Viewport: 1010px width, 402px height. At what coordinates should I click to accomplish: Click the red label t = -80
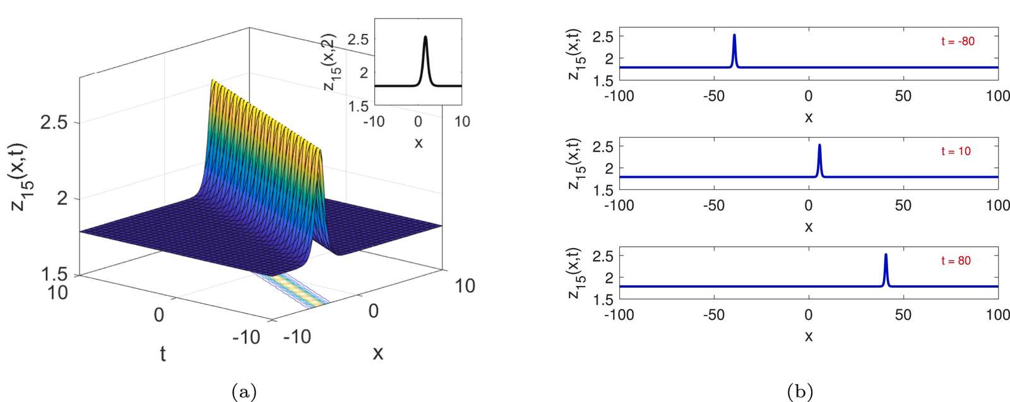958,42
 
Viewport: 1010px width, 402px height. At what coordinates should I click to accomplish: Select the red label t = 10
956,151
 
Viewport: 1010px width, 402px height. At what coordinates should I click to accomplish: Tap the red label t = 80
956,261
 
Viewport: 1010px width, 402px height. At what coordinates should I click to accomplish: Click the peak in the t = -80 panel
735,35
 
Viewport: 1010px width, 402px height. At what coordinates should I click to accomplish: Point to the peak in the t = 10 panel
819,145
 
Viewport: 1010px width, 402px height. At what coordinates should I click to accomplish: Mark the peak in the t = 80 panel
886,254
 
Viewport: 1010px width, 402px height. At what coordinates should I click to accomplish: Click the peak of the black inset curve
425,37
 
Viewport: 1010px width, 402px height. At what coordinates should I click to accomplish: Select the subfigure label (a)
244,391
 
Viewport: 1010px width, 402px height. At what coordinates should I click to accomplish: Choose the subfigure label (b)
800,391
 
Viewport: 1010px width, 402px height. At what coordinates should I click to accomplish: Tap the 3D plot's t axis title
163,354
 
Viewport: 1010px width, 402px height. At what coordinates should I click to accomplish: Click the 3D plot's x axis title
378,353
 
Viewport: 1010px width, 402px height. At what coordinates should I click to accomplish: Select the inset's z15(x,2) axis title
334,62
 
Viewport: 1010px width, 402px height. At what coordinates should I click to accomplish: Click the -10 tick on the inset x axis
374,122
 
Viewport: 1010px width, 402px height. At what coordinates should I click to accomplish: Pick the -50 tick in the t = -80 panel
714,96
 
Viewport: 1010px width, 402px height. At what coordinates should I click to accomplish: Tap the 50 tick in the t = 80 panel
903,314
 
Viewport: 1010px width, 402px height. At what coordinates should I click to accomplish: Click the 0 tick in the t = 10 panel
809,206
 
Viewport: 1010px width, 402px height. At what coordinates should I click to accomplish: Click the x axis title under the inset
419,143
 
